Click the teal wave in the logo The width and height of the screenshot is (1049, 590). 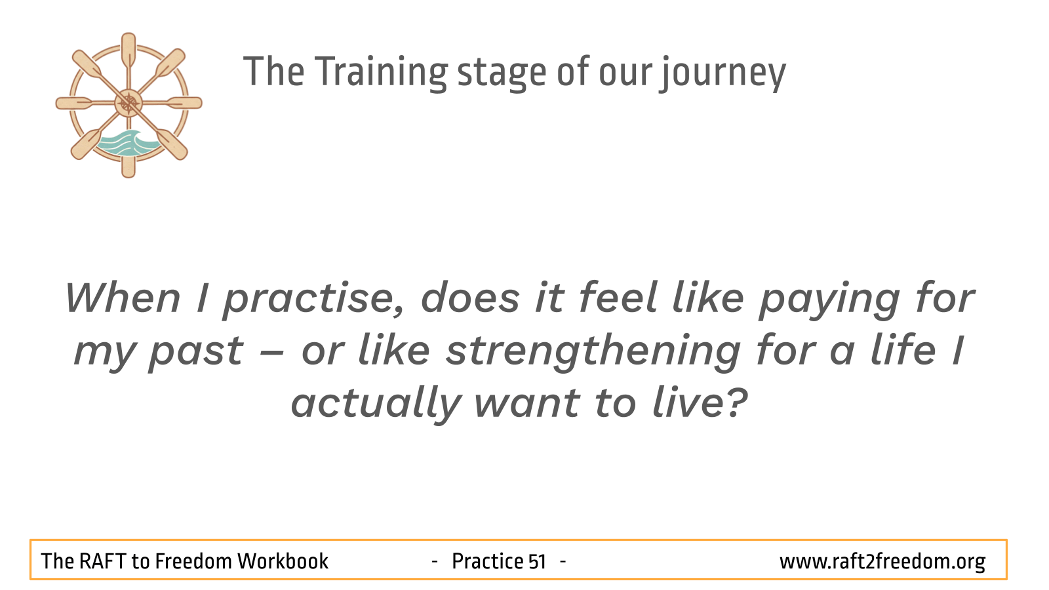click(x=129, y=143)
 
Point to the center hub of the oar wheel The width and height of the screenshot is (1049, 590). click(x=129, y=103)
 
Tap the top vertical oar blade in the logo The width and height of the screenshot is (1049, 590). click(x=129, y=49)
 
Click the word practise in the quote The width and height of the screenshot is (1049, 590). click(x=313, y=299)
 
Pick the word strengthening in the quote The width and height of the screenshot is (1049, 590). click(x=593, y=351)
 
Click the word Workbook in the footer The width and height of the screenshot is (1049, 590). click(x=283, y=561)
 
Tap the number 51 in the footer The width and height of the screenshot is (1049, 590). click(x=537, y=562)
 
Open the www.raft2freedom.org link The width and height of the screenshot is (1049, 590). click(x=882, y=562)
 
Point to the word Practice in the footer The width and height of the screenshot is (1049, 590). click(x=487, y=561)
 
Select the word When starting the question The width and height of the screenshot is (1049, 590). click(x=123, y=299)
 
